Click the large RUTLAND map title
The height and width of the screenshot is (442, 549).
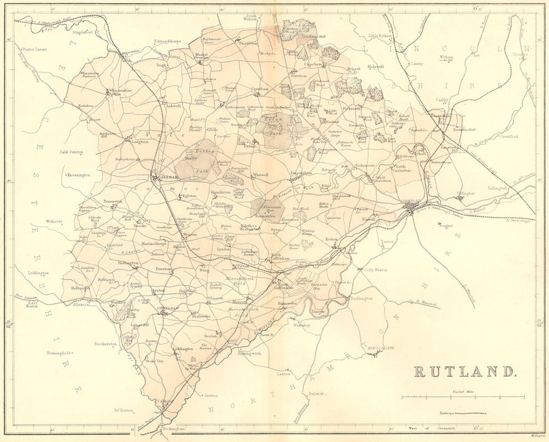[x=464, y=371]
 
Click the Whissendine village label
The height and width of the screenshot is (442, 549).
[x=121, y=90]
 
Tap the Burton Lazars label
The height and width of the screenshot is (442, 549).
[x=35, y=49]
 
